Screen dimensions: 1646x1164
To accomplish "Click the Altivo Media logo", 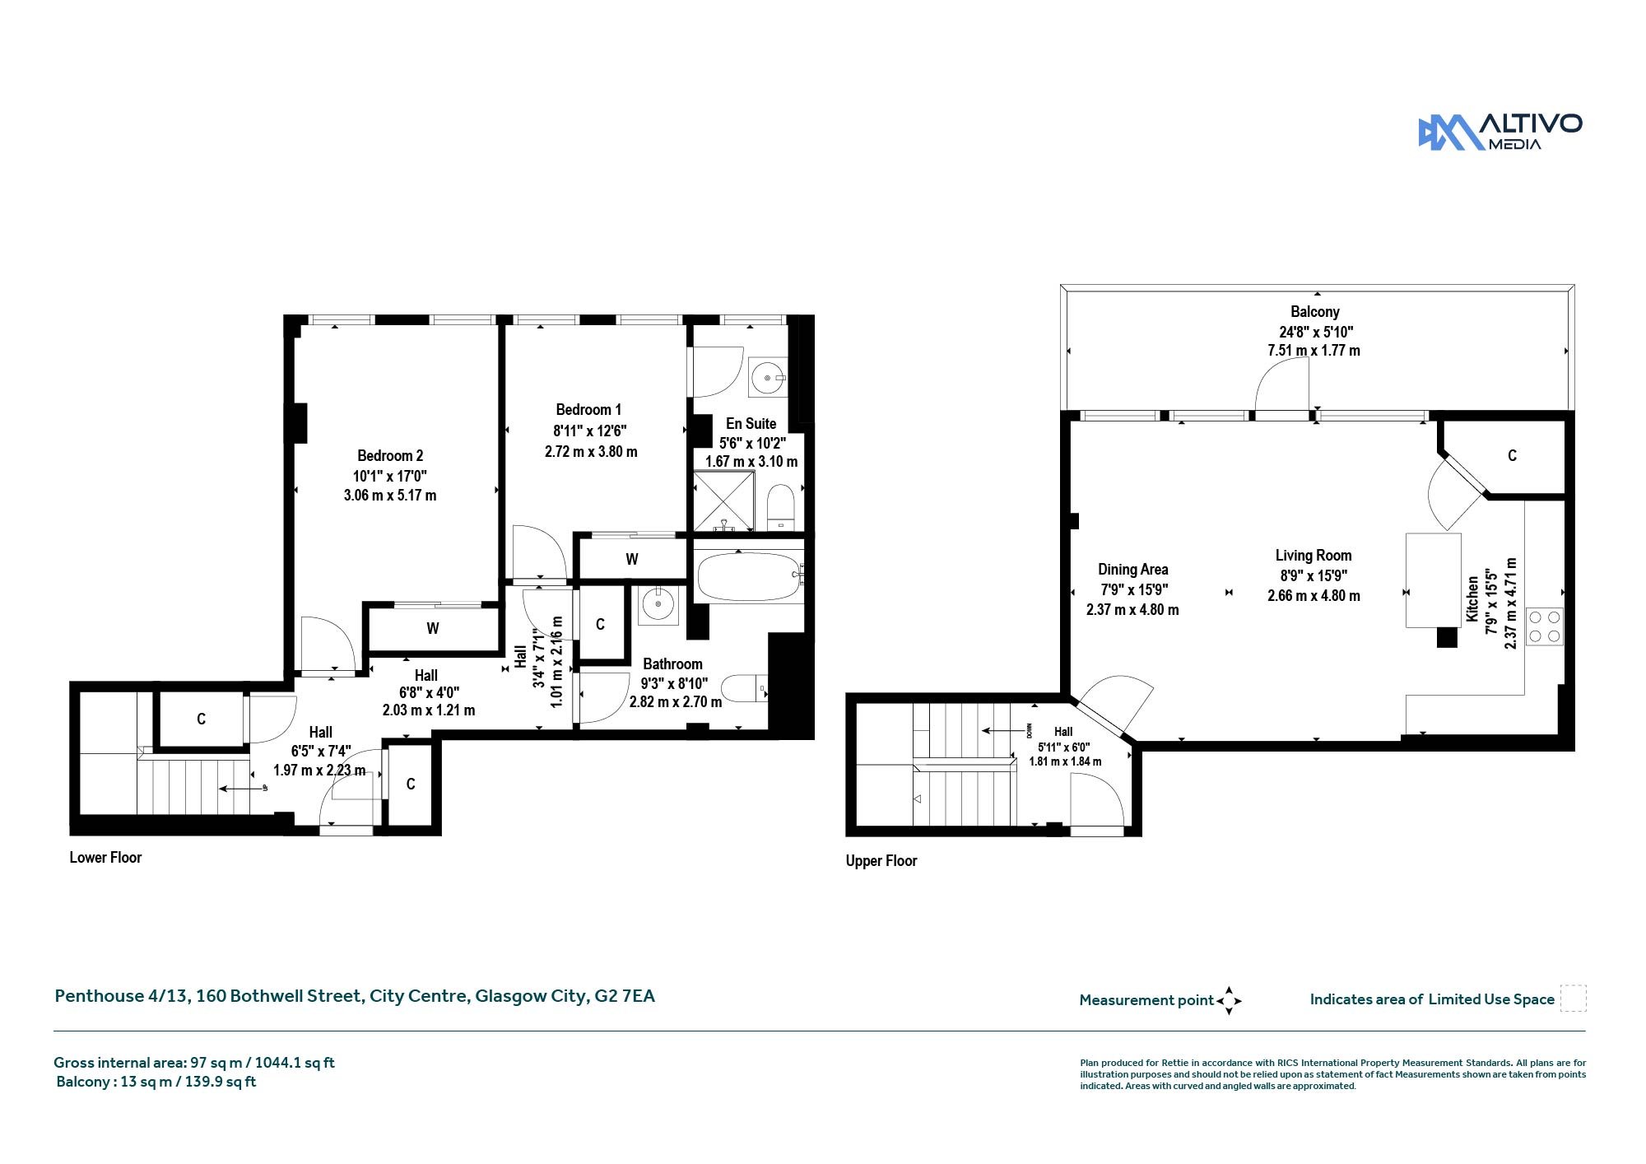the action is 1500,133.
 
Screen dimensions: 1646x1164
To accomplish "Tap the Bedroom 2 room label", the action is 390,456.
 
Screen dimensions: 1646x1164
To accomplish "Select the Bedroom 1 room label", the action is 588,410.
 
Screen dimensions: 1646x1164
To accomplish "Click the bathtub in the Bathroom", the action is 748,576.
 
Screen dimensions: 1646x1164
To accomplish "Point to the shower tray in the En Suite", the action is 724,501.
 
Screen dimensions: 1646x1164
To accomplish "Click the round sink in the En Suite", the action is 768,377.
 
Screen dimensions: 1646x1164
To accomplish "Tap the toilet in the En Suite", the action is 780,508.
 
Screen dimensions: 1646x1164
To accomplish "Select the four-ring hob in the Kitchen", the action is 1544,626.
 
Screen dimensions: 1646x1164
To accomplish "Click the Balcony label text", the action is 1315,312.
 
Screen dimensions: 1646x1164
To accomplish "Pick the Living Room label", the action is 1314,556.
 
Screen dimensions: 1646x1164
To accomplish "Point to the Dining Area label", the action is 1132,570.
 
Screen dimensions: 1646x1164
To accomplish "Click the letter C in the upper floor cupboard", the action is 1512,456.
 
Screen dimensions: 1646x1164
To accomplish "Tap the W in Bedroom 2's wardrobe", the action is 433,629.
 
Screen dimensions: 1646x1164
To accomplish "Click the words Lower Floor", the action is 105,858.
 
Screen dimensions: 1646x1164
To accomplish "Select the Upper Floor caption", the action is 881,861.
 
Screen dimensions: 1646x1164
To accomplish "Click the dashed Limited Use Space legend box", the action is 1573,999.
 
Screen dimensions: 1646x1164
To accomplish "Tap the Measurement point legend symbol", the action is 1229,1001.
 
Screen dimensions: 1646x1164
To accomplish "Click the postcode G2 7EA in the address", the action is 625,996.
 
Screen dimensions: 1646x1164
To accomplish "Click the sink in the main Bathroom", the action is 658,605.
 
